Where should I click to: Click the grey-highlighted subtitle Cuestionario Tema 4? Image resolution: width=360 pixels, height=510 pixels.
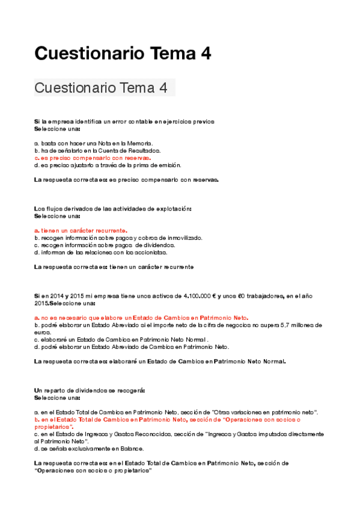click(101, 88)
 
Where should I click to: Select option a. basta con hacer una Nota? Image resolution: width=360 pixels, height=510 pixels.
click(94, 143)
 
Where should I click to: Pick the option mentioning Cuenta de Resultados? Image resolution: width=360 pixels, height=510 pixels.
click(105, 150)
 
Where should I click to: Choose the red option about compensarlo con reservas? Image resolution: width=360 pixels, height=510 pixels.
click(93, 158)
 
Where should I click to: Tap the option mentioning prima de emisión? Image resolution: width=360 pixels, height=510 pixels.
click(108, 165)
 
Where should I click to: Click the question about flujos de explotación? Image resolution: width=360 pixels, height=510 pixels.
click(113, 209)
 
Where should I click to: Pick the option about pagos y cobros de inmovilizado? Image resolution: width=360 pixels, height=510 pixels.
click(118, 238)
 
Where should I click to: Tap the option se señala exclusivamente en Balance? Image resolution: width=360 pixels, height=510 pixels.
click(89, 448)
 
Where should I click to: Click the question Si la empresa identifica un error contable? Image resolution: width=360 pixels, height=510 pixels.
click(124, 121)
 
